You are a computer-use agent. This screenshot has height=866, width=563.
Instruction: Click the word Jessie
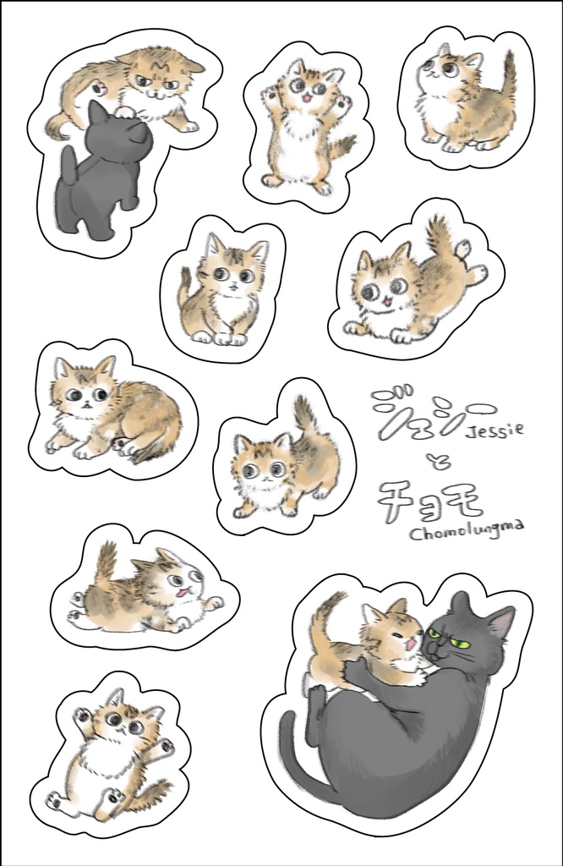point(495,428)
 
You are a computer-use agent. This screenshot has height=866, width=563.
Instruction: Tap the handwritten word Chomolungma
point(466,529)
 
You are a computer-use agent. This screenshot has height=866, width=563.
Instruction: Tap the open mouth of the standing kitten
point(307,99)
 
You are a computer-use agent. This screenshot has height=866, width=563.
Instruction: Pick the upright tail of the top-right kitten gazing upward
point(510,74)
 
